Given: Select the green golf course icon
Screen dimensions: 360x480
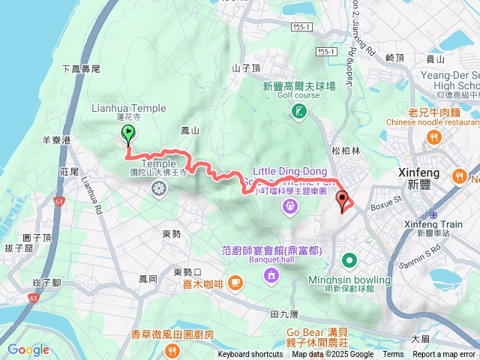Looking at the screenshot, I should pos(298,112).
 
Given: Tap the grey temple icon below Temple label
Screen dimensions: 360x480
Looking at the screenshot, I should pos(158,187).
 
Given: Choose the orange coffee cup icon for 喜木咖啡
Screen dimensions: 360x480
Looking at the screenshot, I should pos(235,282).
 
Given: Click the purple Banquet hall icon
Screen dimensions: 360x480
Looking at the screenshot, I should pos(269,277).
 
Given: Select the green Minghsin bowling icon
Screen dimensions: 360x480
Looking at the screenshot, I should pos(349,261).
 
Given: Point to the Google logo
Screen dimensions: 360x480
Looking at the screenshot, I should pos(28,349).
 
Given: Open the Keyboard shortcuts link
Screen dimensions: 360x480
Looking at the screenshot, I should pos(250,355).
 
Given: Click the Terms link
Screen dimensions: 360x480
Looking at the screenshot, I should pos(393,355).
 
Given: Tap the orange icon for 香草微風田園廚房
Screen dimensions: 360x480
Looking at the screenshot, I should pos(172,349).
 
